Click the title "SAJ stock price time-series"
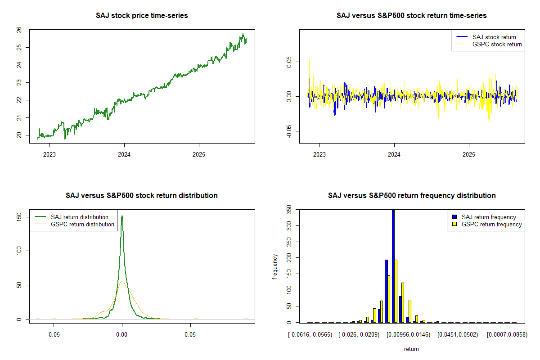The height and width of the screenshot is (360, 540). tap(142, 16)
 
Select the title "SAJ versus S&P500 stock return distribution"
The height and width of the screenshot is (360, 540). tap(142, 196)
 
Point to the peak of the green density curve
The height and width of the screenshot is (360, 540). tap(122, 216)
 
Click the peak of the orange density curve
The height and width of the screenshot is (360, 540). tap(122, 281)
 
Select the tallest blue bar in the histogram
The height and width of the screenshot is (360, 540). tap(393, 265)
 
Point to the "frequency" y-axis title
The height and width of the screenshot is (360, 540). tap(275, 266)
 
